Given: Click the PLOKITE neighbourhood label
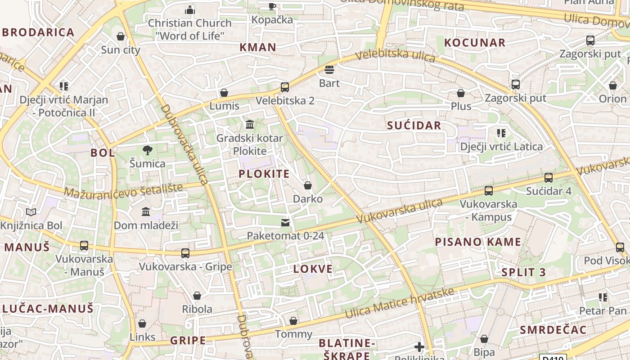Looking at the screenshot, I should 264,174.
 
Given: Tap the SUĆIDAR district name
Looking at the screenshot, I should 414,126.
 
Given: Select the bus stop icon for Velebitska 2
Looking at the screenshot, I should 285,87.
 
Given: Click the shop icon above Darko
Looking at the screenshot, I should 308,185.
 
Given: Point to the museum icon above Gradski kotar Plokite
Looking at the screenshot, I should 249,124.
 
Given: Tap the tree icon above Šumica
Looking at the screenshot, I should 147,150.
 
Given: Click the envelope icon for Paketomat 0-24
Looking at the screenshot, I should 285,222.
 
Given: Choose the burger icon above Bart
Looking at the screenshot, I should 329,70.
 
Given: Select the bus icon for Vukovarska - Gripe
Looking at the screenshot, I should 185,253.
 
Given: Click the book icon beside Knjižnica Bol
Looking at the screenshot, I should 31,212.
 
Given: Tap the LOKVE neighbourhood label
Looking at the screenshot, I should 313,269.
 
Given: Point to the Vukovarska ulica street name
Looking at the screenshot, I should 400,211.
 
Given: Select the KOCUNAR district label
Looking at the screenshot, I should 475,43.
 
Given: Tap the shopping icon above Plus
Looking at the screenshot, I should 461,93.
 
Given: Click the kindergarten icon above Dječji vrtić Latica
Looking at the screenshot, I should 501,133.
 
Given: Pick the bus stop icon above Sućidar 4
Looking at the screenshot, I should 549,178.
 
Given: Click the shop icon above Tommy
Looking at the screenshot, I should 293,321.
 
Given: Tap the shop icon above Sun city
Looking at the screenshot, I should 121,36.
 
